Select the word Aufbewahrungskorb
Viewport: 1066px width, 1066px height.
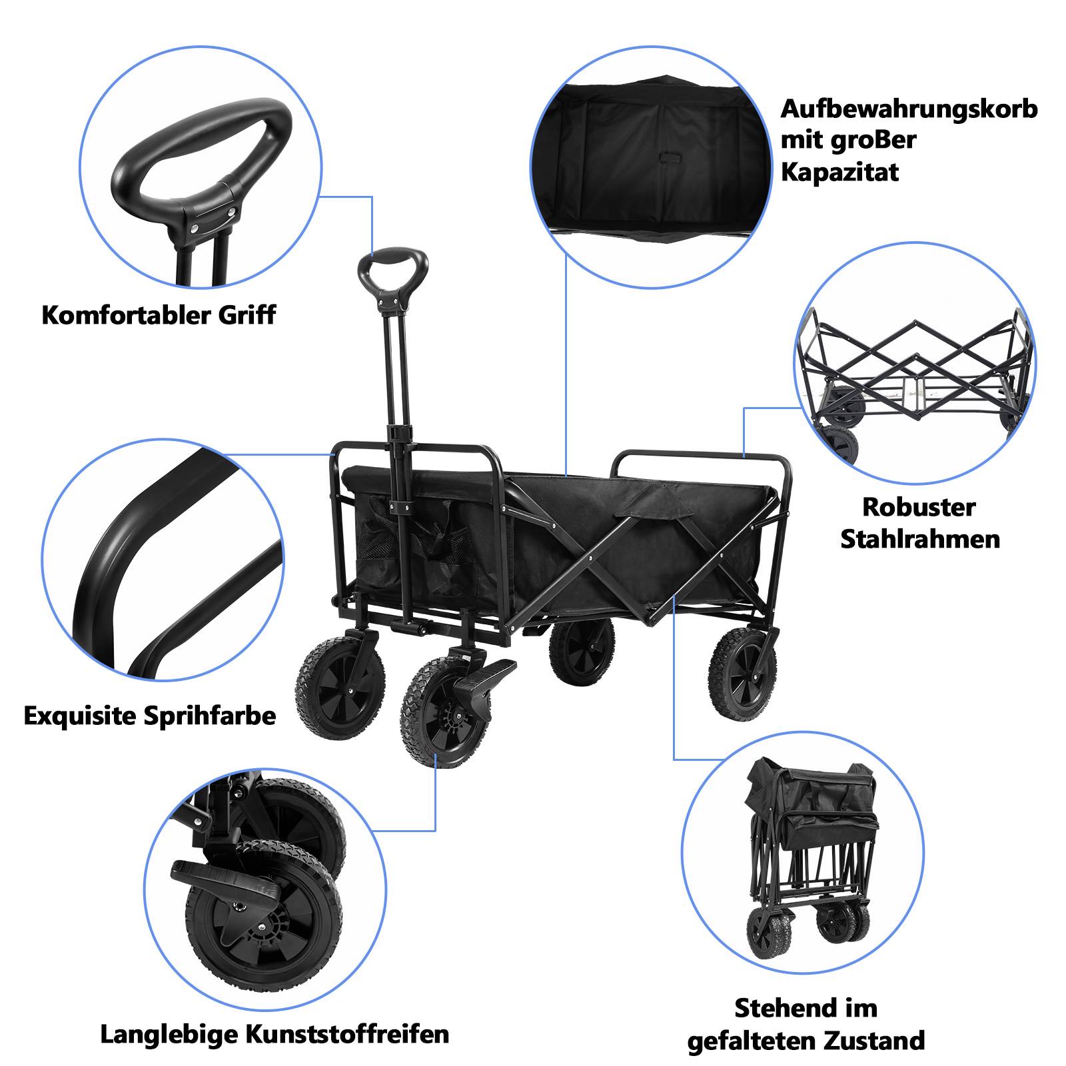click(x=909, y=109)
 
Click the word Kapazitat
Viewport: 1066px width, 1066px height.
click(x=839, y=173)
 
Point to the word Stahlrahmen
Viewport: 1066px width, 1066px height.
click(x=919, y=539)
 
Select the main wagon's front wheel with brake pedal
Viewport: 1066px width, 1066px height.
click(x=437, y=713)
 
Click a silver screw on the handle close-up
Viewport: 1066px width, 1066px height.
click(x=194, y=229)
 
